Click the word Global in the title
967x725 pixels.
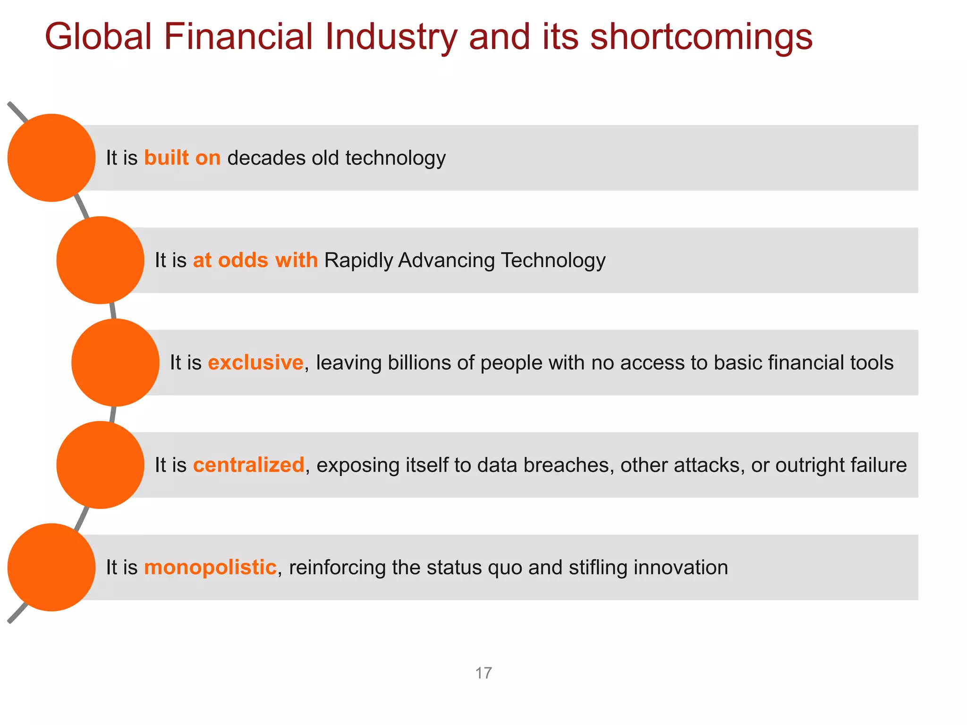click(x=98, y=37)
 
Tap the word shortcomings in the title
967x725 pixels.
click(x=701, y=37)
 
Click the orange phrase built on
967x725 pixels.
click(x=182, y=158)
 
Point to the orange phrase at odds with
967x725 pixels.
click(x=255, y=260)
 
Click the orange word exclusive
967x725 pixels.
click(x=255, y=362)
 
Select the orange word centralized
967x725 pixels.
click(x=248, y=465)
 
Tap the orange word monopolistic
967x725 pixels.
click(x=210, y=567)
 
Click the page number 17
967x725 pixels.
click(x=483, y=673)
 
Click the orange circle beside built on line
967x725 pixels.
click(x=51, y=158)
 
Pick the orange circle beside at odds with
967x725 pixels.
click(x=100, y=260)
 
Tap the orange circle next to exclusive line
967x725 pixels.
click(x=115, y=362)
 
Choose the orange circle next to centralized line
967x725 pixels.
click(x=100, y=465)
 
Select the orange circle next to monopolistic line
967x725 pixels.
click(x=51, y=567)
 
